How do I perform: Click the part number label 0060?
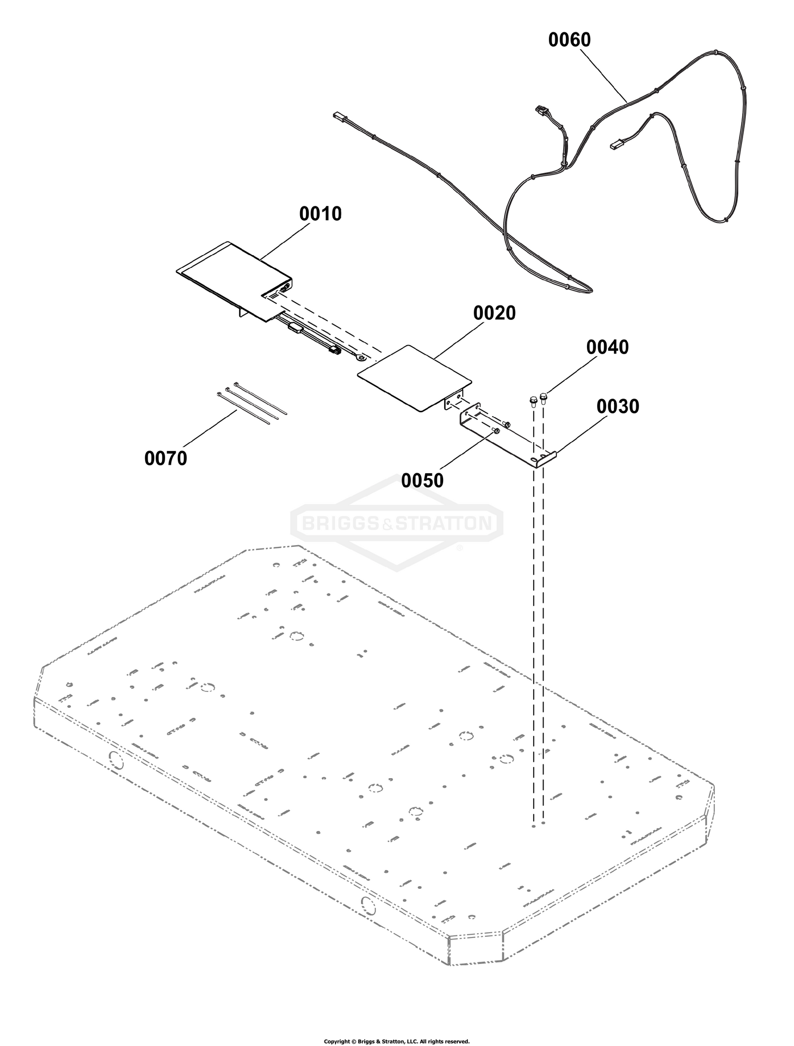pos(570,40)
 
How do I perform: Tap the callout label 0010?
pos(320,214)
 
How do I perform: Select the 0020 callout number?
pos(494,313)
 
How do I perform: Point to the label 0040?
pos(608,347)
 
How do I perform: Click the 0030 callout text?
pos(618,407)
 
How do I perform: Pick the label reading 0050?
pos(422,481)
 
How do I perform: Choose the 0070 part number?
pos(166,458)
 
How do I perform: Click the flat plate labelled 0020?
pos(414,378)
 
